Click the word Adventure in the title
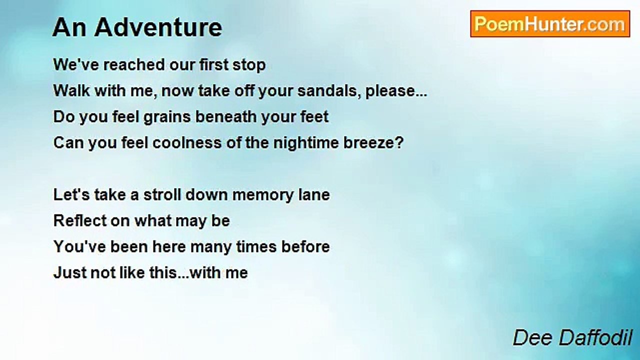[x=158, y=27]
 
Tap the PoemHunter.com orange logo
[x=550, y=24]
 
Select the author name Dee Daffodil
[x=572, y=337]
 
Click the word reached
[x=134, y=64]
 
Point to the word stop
[x=249, y=65]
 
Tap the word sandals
[x=329, y=91]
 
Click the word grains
[x=167, y=117]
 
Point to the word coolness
[x=187, y=142]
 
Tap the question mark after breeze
[x=399, y=142]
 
